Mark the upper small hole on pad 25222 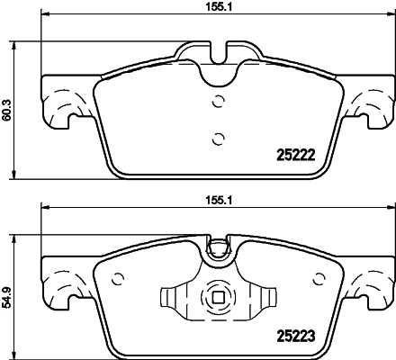216,102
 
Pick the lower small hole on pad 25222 216,138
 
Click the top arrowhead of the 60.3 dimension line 20,43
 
